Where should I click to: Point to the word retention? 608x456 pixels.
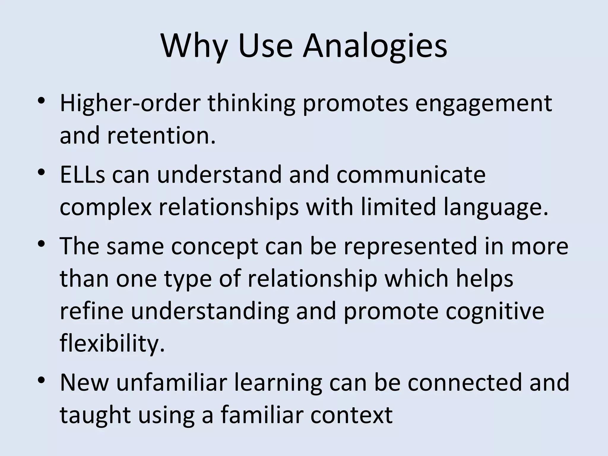161,135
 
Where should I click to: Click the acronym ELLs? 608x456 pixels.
82,175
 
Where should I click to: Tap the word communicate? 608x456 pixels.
411,175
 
